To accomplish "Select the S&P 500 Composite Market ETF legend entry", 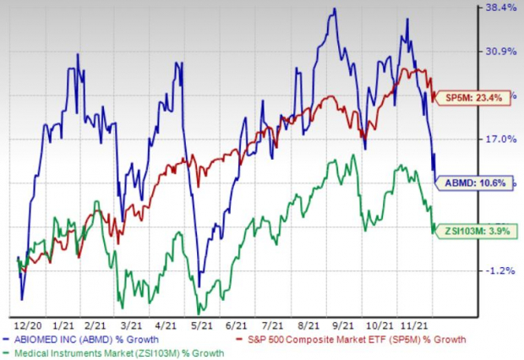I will [x=355, y=339].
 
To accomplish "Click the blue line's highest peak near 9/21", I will [x=335, y=9].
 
